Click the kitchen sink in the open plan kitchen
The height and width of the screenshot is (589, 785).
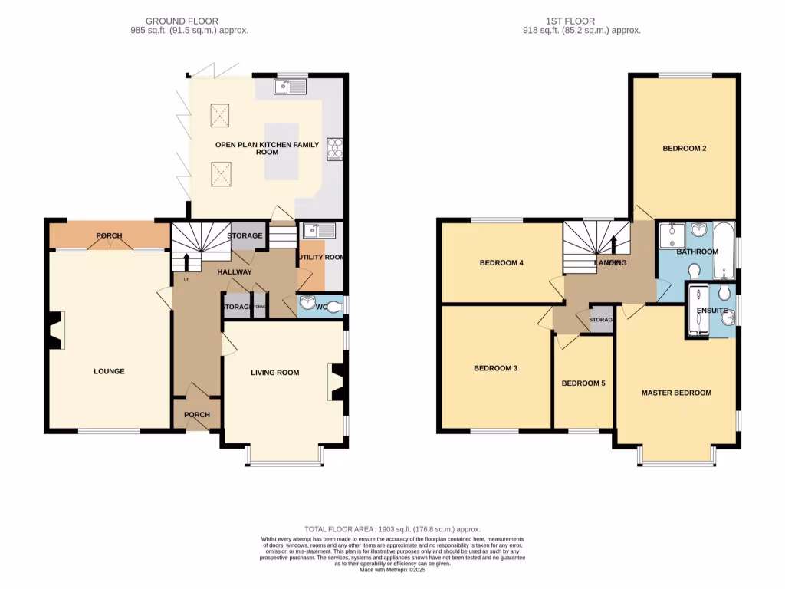pos(289,87)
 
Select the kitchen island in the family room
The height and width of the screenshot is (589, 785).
pos(281,150)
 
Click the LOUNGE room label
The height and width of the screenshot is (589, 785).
pos(109,371)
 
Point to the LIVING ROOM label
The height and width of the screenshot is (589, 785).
pos(274,373)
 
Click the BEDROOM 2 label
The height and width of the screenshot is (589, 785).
pos(684,149)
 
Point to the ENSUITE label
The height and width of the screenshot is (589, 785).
pos(711,311)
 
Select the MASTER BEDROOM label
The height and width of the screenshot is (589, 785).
pos(676,393)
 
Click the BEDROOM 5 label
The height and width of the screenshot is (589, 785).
pos(583,383)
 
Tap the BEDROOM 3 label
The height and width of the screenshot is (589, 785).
pos(495,368)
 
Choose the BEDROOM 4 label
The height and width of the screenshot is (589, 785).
pos(501,263)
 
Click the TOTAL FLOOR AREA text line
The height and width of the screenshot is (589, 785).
pos(392,529)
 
